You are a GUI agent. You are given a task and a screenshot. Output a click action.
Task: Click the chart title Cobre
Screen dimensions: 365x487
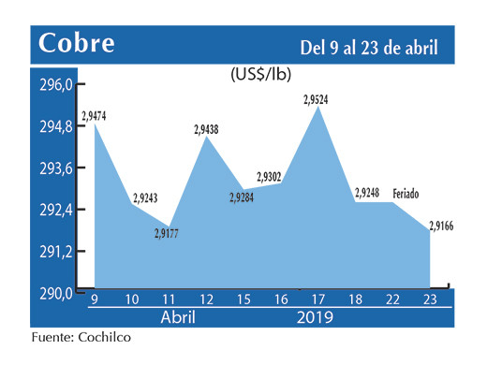coord(76,43)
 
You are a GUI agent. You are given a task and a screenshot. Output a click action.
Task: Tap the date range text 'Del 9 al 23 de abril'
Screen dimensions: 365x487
coord(369,46)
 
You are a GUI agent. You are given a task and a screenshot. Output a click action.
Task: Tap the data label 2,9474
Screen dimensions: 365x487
coord(95,115)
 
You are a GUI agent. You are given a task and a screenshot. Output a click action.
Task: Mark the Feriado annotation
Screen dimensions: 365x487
coord(406,194)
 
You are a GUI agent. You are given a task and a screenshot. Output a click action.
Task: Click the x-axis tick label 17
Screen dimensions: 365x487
coord(318,299)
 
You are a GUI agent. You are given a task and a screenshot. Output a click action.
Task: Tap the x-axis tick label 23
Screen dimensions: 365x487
coord(430,299)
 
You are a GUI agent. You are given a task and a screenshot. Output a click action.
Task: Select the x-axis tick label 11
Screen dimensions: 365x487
coord(169,299)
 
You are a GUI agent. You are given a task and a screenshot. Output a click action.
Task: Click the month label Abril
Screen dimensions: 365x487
coord(179,318)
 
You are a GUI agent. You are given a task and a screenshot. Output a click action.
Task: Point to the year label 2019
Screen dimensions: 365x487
coord(314,318)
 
